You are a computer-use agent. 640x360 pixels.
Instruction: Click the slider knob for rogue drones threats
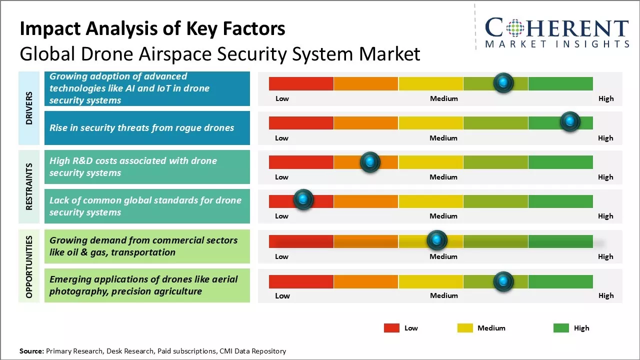coord(569,121)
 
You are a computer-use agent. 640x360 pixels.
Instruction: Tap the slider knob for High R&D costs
coord(370,162)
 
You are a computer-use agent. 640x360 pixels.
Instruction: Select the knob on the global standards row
coord(303,200)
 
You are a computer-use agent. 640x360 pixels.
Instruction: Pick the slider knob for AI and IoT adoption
coord(503,82)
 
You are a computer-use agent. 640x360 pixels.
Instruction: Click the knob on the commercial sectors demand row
coord(437,240)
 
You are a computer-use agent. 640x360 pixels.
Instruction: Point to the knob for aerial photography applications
coord(503,281)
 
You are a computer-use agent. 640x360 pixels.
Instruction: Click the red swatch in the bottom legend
coord(391,328)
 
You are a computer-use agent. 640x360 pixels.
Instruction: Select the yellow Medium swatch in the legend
coord(465,328)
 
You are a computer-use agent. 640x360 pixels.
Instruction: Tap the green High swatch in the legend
coord(561,328)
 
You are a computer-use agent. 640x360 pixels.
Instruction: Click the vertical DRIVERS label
coord(29,108)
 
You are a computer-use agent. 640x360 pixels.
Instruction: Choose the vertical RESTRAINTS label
coord(29,186)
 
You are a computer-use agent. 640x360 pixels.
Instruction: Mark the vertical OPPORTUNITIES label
coord(29,266)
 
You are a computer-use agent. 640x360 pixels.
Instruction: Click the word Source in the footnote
coord(31,351)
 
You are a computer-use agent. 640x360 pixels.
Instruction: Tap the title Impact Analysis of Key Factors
coord(152,29)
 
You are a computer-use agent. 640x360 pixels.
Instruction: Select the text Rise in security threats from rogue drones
coord(141,128)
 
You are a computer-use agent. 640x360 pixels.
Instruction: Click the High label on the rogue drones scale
coord(605,138)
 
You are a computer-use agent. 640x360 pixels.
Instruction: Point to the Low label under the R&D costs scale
coord(281,177)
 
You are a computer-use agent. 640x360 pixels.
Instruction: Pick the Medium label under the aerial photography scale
coord(443,295)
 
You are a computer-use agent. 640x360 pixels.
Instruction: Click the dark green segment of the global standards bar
coord(560,201)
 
